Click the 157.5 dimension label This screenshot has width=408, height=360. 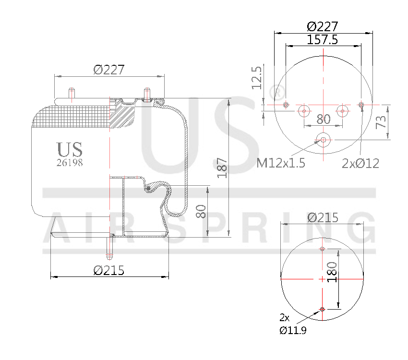point(323,40)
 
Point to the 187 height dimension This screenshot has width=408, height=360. point(222,168)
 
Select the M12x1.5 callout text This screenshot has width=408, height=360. point(281,163)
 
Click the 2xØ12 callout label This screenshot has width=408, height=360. point(360,164)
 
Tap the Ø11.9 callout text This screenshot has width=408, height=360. point(292,330)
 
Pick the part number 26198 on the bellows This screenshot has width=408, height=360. point(70,162)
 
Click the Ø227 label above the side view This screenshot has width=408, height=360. point(109,70)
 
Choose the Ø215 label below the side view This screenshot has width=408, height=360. point(109,270)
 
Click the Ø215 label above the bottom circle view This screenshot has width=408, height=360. point(323,218)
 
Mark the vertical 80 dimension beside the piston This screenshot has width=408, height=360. point(202,211)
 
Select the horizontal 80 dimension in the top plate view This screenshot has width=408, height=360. point(324,119)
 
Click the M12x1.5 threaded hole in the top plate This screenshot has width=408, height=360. point(323,140)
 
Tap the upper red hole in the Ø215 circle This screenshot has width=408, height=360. point(323,249)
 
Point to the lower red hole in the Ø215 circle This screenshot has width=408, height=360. point(323,309)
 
